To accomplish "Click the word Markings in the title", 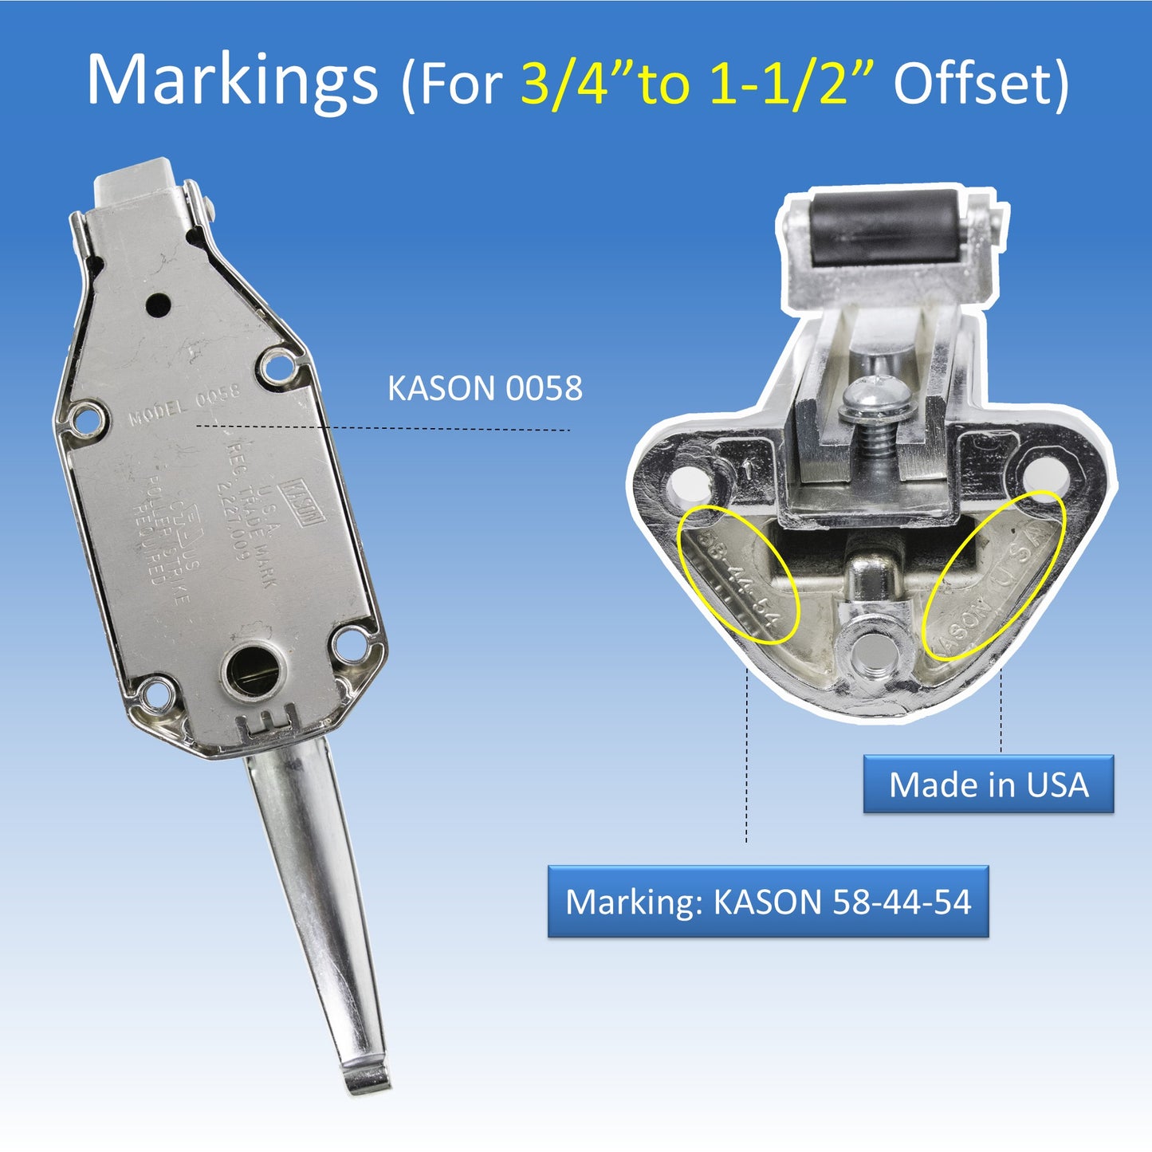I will (231, 81).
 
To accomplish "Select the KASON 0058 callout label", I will (485, 389).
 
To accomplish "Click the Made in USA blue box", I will (988, 784).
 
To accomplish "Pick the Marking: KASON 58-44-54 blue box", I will (768, 902).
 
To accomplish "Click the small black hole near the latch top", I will (158, 303).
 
